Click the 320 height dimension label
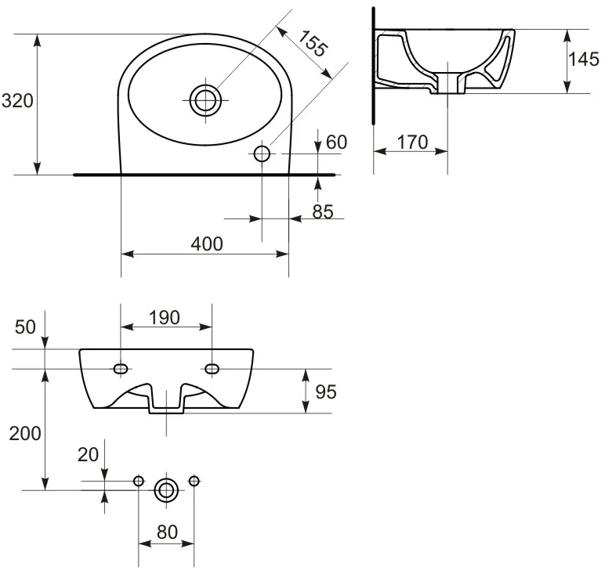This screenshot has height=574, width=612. (x=17, y=101)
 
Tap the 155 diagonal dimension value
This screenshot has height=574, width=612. (x=312, y=43)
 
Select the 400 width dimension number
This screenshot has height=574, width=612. (x=207, y=244)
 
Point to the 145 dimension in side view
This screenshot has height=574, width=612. (x=584, y=60)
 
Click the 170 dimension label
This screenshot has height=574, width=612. (x=412, y=142)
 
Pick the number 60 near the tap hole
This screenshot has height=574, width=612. (x=336, y=142)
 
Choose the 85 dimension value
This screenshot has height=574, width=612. (x=323, y=211)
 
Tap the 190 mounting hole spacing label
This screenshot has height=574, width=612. (x=165, y=318)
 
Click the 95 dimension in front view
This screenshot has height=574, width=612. (x=326, y=392)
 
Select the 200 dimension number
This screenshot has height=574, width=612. (x=25, y=434)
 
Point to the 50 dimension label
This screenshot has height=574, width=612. (x=25, y=327)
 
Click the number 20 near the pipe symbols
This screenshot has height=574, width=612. (x=89, y=455)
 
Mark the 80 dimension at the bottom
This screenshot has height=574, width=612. (x=167, y=532)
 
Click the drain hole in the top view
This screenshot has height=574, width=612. (x=205, y=100)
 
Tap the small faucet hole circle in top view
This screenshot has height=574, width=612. (x=262, y=153)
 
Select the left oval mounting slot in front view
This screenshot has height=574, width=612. (x=121, y=369)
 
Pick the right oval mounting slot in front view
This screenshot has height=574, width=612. (x=212, y=369)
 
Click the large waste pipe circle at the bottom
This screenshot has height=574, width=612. (x=166, y=490)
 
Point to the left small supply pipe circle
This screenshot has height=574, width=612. (x=139, y=481)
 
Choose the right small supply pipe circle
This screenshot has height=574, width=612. (x=194, y=481)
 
